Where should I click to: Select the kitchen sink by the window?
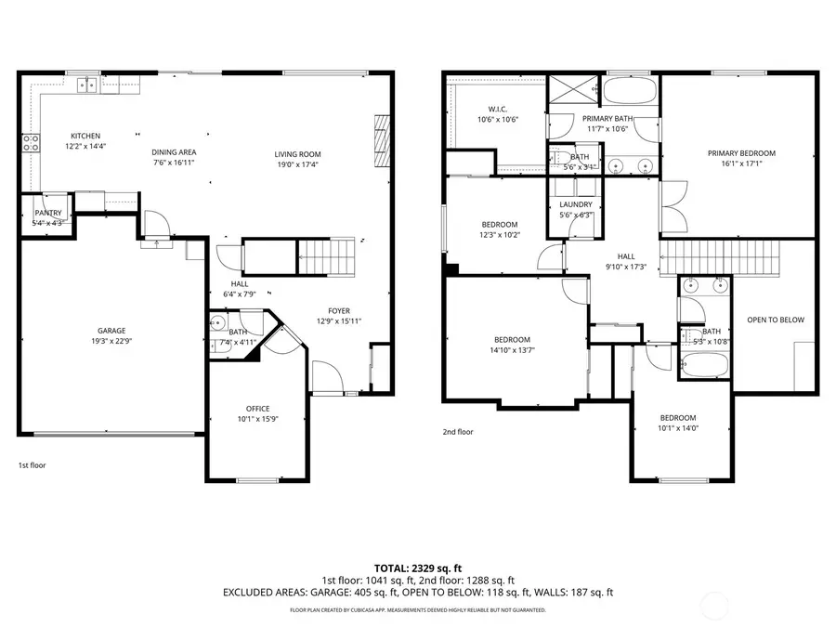click(x=86, y=85)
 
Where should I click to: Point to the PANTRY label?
click(x=47, y=213)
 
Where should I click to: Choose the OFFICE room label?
click(x=257, y=408)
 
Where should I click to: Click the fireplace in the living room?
click(x=381, y=134)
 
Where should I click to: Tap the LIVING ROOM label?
click(x=297, y=153)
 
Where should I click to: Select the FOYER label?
click(x=338, y=310)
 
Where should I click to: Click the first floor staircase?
click(x=326, y=256)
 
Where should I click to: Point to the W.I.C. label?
click(x=497, y=109)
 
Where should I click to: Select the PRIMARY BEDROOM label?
click(x=740, y=153)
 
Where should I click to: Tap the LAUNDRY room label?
click(x=576, y=204)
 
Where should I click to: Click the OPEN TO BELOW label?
click(x=776, y=320)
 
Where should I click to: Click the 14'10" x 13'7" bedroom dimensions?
click(x=512, y=350)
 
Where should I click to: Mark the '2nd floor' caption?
click(x=457, y=432)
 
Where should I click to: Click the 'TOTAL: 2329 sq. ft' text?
click(x=418, y=567)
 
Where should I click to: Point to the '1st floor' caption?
click(x=32, y=464)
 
